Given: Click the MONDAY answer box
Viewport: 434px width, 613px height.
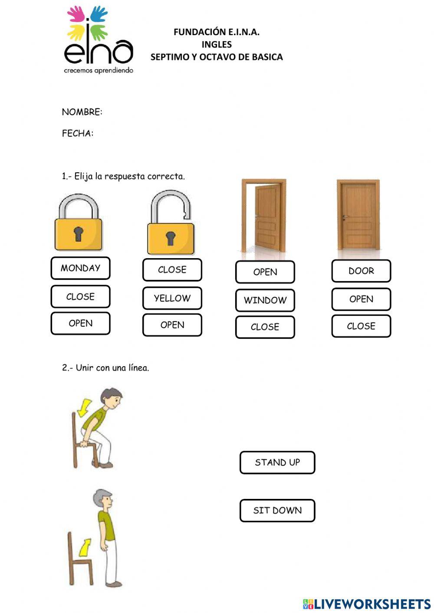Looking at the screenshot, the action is point(80,268).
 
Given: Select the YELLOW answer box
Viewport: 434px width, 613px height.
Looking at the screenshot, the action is point(172,298).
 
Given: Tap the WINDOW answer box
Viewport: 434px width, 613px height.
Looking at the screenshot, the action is point(265,300).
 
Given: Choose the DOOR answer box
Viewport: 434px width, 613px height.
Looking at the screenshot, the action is point(361,271).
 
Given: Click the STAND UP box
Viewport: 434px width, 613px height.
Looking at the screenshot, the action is point(277,462).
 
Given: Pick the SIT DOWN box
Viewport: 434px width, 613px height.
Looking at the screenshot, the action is point(277,511).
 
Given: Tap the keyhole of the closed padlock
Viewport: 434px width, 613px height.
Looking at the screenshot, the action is point(78,234).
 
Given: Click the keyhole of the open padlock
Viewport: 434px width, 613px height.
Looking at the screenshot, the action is point(171,238).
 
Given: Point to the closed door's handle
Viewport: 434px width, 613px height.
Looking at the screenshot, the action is point(345,216).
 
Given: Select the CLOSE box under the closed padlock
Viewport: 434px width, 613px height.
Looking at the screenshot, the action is point(80,297).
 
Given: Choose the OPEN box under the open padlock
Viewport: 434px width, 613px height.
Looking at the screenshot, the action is point(172,325).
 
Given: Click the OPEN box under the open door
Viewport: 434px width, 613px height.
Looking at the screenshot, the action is point(265,272).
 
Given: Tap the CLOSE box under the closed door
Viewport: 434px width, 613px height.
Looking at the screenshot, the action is point(361,326).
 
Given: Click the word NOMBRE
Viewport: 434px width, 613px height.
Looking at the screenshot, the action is point(82,112).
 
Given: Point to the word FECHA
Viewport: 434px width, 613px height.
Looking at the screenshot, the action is point(77,133).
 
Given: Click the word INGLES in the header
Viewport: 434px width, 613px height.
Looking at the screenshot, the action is point(217,44).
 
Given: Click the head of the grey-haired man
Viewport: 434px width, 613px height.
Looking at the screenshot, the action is point(104,500).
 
